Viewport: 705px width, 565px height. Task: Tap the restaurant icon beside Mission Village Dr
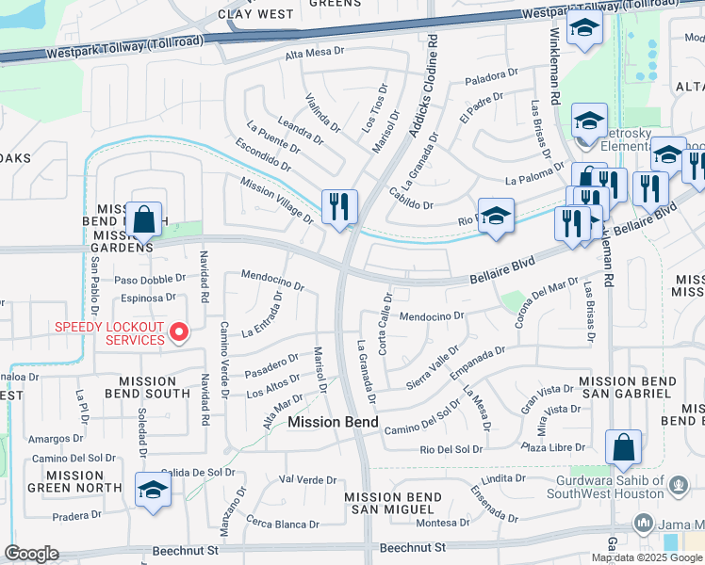338,207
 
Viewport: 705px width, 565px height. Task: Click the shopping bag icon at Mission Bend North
144,220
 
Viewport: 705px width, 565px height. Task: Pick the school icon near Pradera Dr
153,491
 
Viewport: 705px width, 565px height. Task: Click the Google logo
32,554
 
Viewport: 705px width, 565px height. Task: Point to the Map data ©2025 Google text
647,557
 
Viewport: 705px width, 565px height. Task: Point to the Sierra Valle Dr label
432,366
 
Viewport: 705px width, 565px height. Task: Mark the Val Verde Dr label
310,479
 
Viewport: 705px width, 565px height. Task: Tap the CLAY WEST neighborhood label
255,14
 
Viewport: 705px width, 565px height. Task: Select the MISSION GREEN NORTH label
71,481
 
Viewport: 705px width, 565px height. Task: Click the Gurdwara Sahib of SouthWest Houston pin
678,486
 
